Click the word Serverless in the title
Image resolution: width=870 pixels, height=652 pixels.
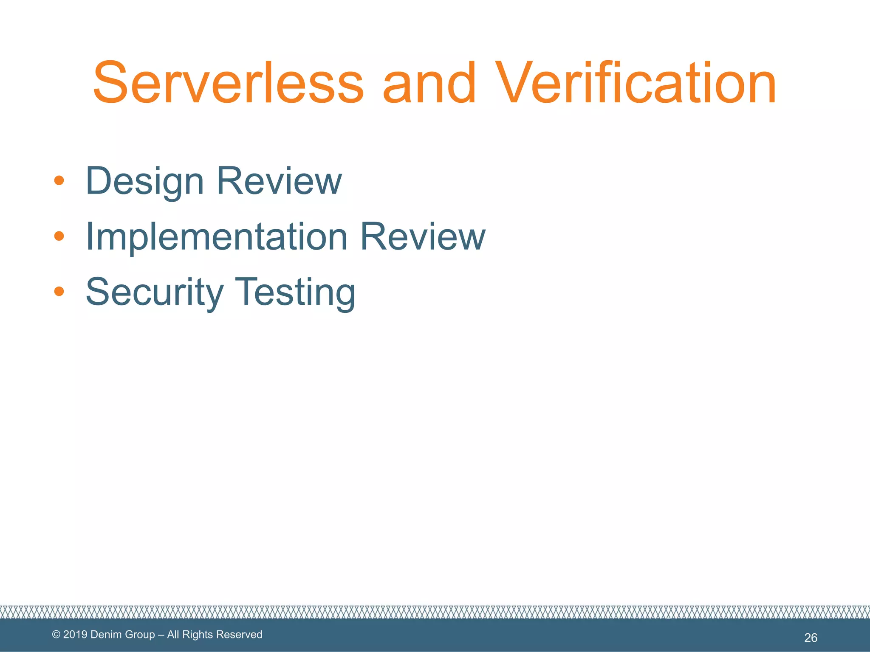[228, 82]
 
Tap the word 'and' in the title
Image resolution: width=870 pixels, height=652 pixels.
[429, 82]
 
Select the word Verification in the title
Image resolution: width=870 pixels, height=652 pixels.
[636, 82]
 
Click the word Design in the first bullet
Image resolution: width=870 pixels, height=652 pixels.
[145, 182]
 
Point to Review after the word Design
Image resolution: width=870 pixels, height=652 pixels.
[279, 181]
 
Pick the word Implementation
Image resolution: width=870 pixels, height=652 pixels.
[217, 237]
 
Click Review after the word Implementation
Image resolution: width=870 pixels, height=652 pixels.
[423, 236]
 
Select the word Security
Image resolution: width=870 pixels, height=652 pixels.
[155, 292]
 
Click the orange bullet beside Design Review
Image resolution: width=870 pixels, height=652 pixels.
[59, 181]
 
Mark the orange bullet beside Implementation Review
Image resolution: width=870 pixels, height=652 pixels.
[59, 236]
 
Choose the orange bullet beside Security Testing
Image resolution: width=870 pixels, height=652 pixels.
[59, 291]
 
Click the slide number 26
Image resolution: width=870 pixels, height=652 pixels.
[811, 638]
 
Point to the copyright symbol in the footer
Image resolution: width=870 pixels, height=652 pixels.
[56, 635]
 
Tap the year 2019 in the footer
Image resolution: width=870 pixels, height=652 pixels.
[75, 635]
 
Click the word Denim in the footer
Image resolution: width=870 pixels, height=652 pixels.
[105, 635]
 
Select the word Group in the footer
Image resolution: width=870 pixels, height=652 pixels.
[140, 635]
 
